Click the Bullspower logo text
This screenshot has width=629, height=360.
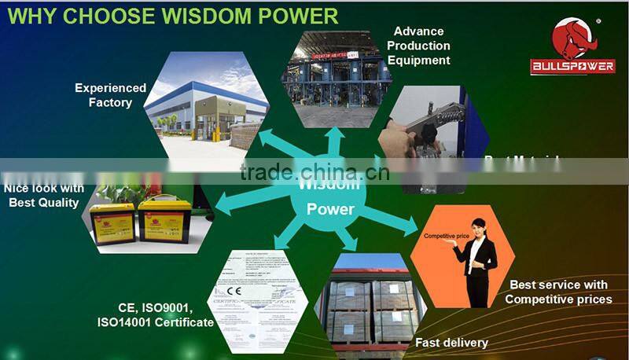572,67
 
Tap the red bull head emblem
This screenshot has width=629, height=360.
571,38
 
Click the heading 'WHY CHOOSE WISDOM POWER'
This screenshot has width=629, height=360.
172,15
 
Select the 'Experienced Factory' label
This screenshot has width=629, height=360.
111,95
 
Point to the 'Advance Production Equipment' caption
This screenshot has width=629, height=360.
419,46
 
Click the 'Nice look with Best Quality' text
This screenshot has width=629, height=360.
44,196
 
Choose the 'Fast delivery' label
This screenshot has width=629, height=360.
453,342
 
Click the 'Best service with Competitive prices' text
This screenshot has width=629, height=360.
558,292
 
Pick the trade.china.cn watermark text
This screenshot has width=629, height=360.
311,172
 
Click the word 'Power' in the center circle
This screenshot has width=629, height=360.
330,209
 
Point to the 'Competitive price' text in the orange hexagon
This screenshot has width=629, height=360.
446,236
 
